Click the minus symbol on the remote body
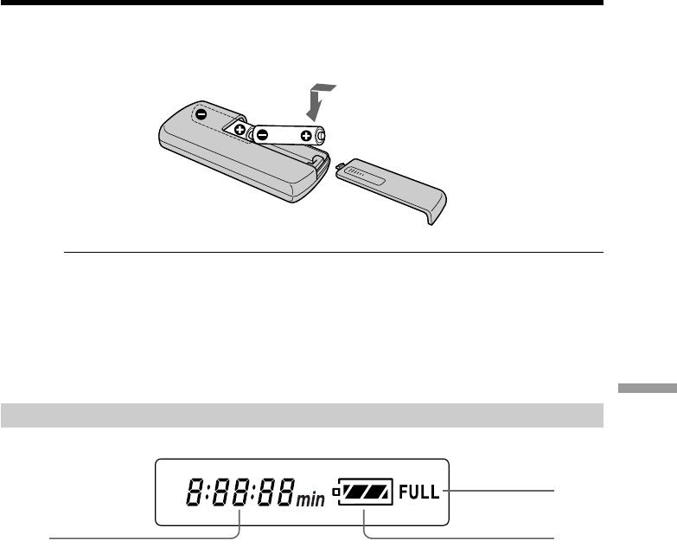(x=201, y=114)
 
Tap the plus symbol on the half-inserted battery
(x=240, y=129)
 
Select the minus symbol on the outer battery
(x=262, y=135)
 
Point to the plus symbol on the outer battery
(x=306, y=136)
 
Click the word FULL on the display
(x=418, y=492)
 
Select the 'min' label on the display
(x=310, y=499)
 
